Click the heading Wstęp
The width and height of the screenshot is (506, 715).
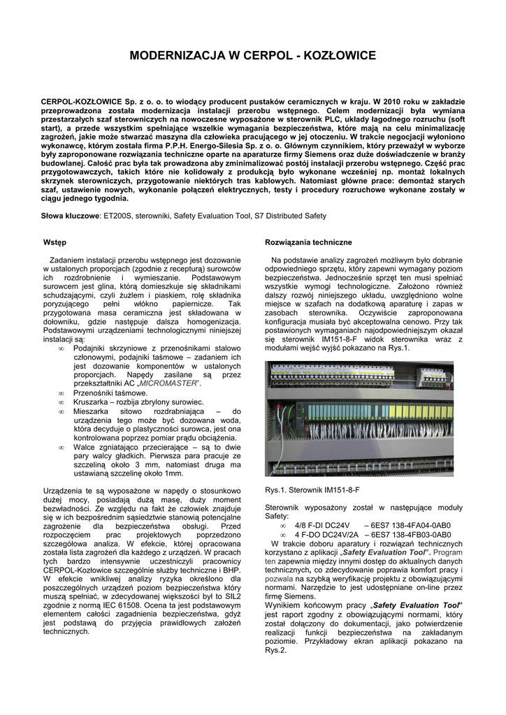[55, 242]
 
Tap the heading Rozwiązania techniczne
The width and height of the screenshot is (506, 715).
[308, 242]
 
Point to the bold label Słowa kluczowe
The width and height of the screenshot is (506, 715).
[71, 216]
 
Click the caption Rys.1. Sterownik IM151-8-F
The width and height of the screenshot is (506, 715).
[312, 490]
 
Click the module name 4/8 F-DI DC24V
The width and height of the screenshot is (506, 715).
[322, 526]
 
